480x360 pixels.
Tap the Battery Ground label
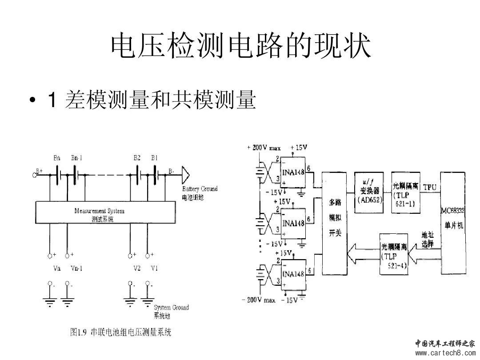[200, 189]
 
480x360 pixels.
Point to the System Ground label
[171, 308]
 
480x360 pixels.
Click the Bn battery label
[57, 158]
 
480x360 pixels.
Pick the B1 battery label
[155, 158]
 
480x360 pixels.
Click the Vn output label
[56, 268]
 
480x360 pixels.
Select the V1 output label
[154, 268]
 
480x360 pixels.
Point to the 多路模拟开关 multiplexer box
[335, 222]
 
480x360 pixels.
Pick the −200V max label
[258, 300]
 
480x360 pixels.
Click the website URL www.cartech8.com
[445, 353]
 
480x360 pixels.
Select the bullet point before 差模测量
[32, 101]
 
